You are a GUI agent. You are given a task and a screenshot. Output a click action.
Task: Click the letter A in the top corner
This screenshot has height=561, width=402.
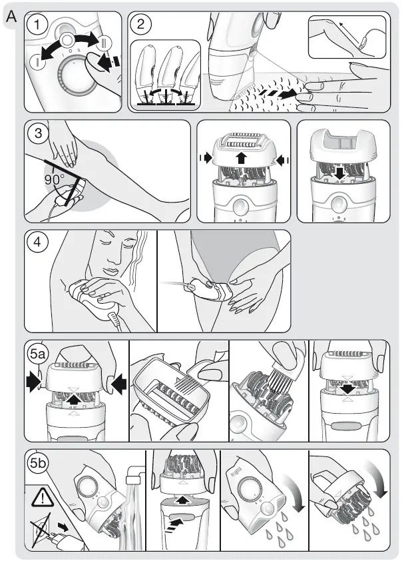[11, 18]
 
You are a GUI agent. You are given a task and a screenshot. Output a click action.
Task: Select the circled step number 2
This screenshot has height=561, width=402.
[141, 25]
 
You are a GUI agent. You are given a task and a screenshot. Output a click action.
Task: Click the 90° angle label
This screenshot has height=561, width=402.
[54, 179]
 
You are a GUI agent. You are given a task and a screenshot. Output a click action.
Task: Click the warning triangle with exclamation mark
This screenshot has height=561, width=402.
[41, 497]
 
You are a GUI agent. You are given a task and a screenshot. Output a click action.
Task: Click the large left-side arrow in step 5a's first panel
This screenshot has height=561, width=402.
[33, 384]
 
